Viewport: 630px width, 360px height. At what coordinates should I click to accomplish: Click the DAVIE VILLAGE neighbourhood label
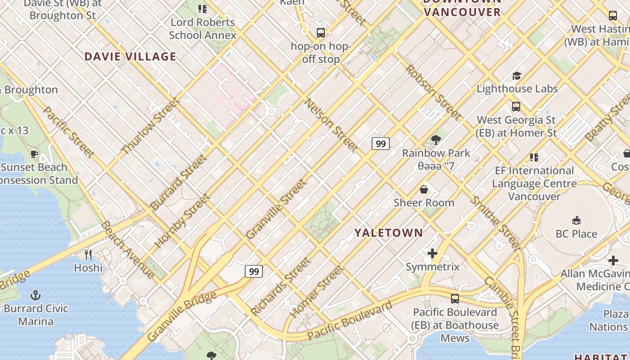[x=130, y=57]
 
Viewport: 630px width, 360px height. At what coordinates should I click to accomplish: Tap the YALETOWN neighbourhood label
[x=389, y=233]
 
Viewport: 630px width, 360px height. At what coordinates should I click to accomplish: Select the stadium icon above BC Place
[x=576, y=220]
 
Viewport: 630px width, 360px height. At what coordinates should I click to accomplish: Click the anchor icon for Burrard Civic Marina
[x=36, y=295]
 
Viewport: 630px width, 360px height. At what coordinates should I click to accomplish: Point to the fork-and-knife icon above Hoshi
[x=88, y=255]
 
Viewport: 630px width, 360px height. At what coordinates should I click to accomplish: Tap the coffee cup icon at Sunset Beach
[x=34, y=154]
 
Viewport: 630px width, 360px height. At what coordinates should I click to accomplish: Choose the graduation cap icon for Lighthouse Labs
[x=517, y=76]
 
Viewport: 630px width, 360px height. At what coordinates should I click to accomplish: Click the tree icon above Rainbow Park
[x=436, y=140]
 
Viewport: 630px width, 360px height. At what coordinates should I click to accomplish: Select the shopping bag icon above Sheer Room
[x=423, y=189]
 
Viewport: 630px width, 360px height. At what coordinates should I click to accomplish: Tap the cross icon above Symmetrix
[x=432, y=253]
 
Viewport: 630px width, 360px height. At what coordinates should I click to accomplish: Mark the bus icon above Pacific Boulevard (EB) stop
[x=455, y=299]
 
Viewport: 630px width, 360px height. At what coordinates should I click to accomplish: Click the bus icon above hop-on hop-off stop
[x=320, y=33]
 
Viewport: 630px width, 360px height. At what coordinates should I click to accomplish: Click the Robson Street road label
[x=432, y=93]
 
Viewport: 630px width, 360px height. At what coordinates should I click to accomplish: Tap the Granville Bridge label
[x=182, y=316]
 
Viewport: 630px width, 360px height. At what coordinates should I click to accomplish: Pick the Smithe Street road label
[x=495, y=223]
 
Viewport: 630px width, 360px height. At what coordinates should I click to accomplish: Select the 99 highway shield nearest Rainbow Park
[x=380, y=144]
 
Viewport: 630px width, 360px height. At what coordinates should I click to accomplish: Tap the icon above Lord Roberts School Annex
[x=202, y=9]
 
